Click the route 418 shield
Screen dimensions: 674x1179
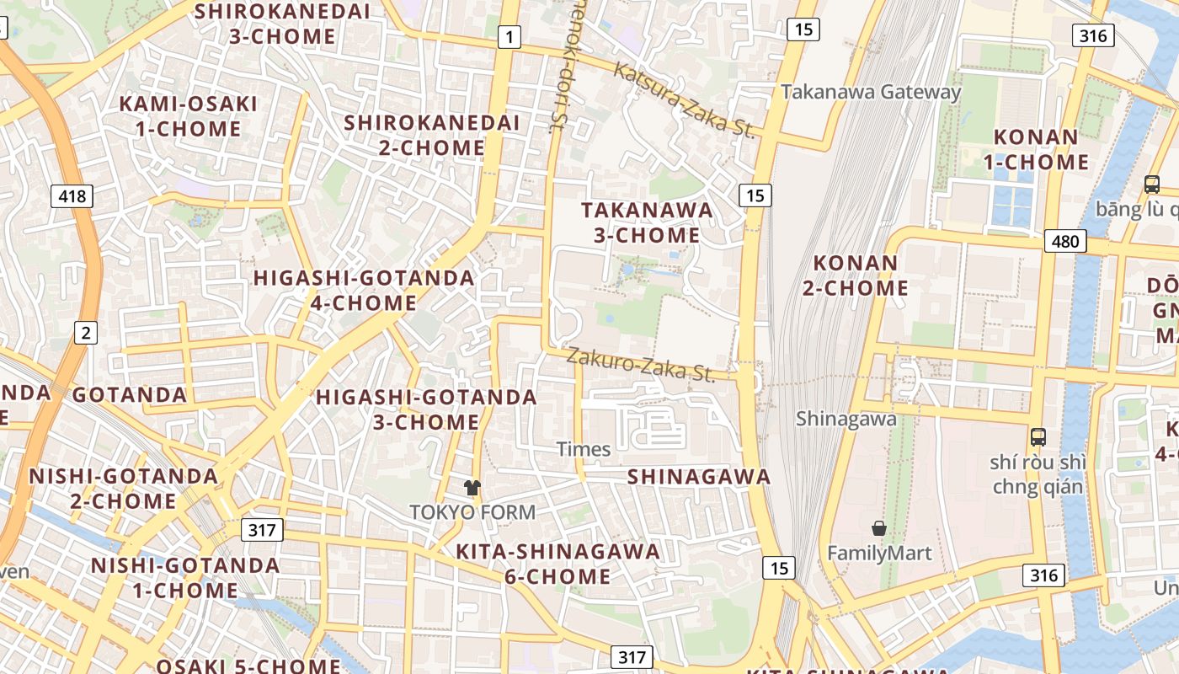(x=72, y=197)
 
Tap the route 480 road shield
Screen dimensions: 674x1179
(x=1065, y=242)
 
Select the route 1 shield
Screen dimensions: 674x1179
(x=509, y=37)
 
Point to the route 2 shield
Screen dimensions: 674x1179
(x=85, y=333)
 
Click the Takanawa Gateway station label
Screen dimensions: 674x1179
(x=871, y=92)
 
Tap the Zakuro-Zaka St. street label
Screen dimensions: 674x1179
(x=640, y=364)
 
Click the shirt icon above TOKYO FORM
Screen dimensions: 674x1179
(x=472, y=487)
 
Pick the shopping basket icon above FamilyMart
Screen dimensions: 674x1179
(x=879, y=528)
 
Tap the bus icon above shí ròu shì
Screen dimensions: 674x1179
(x=1038, y=437)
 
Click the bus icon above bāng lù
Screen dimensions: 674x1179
(x=1151, y=184)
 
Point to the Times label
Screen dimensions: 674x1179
(x=584, y=449)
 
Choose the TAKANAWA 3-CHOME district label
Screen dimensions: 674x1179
(x=647, y=222)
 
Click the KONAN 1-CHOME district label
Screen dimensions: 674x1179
(x=1041, y=149)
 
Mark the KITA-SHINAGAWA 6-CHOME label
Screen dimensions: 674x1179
(x=557, y=564)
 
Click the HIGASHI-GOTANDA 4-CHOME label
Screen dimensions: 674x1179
(x=364, y=290)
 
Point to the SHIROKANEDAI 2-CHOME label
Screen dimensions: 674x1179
(x=431, y=135)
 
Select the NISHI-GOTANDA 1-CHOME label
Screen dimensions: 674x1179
(x=185, y=577)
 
